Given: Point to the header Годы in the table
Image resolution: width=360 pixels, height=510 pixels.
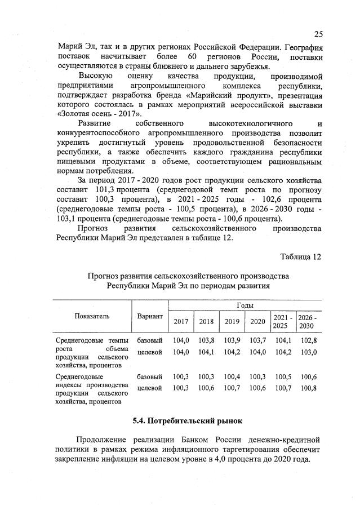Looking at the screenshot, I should click(x=245, y=305).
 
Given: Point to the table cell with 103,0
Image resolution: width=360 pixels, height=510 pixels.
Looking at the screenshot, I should click(x=308, y=352).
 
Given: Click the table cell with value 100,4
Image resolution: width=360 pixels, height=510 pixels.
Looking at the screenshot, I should click(x=232, y=376).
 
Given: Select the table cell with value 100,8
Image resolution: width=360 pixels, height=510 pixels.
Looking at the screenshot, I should click(x=308, y=388).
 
